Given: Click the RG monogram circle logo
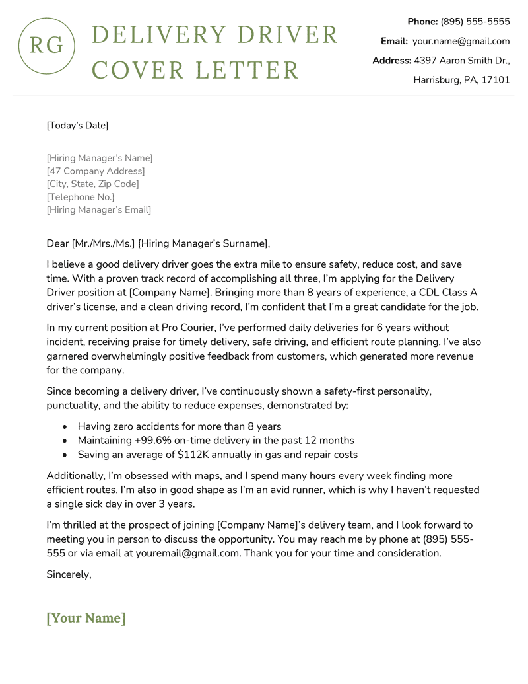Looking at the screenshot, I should (46, 46).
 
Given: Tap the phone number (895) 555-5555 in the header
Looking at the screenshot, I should (475, 22).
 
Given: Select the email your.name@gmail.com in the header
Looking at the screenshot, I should (461, 41).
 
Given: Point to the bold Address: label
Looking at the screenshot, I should (391, 61).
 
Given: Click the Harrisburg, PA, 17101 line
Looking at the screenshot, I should (461, 80).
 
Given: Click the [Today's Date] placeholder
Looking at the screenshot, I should (77, 125).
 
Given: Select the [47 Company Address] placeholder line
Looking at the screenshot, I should (96, 171).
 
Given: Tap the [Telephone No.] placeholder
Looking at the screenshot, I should (81, 197).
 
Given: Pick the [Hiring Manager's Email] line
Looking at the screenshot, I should (99, 210).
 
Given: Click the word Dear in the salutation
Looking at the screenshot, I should (57, 243).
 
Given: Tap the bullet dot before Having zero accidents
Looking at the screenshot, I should (64, 426).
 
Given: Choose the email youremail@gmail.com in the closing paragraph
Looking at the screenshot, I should (187, 553).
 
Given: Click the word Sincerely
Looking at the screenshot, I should (69, 574).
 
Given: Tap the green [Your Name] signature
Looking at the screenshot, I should (86, 619).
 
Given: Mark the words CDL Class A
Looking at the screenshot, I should (438, 292).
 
